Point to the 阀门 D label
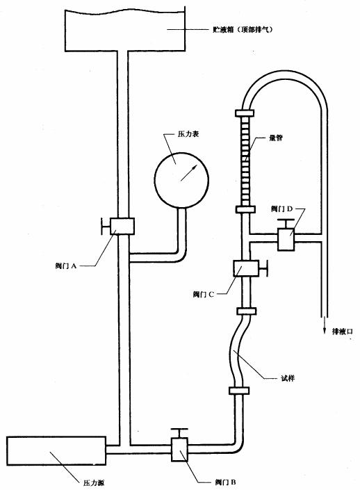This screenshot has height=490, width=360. pyautogui.click(x=286, y=209)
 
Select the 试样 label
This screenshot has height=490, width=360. pyautogui.click(x=288, y=379)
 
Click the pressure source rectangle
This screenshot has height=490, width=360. pyautogui.click(x=55, y=451)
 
